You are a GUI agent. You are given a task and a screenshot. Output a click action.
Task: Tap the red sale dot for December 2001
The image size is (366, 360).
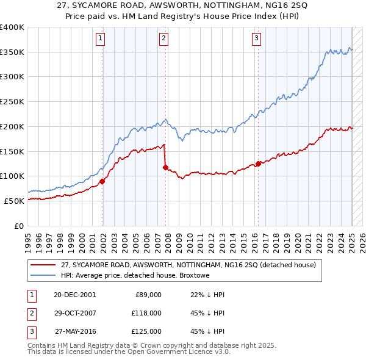tap(102, 181)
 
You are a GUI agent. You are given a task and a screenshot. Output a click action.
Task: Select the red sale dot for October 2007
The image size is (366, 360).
tap(165, 167)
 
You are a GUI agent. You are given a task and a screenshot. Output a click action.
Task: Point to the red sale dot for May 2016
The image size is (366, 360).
tap(258, 163)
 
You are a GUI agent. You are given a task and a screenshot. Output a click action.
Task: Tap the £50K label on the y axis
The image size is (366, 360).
tap(14, 201)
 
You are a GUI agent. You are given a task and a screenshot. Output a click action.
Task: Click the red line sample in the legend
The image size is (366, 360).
tap(42, 265)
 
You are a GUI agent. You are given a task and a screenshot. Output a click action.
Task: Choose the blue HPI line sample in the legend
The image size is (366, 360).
tap(42, 276)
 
